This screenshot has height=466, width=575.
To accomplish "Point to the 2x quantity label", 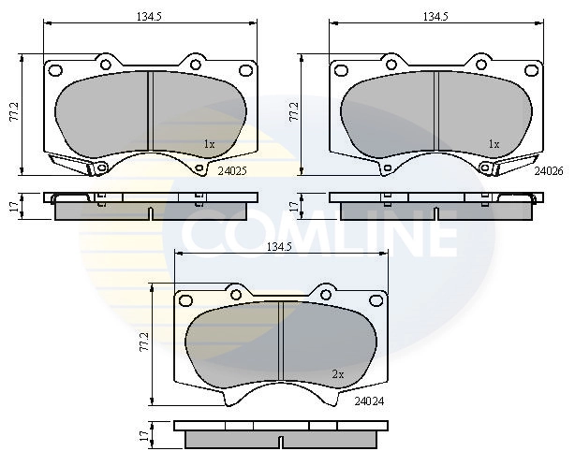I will [x=338, y=373].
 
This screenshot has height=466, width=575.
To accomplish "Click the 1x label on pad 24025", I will [x=209, y=144].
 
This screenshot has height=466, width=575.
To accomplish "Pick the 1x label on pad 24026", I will [x=494, y=144].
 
